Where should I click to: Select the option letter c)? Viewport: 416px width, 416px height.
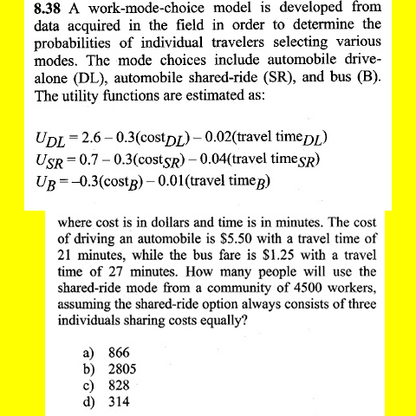pyautogui.click(x=87, y=386)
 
